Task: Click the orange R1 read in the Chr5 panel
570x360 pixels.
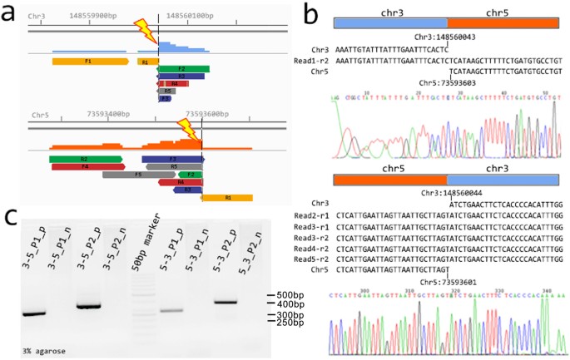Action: tap(227, 198)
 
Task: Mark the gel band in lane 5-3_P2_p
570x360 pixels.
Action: tap(226, 301)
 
